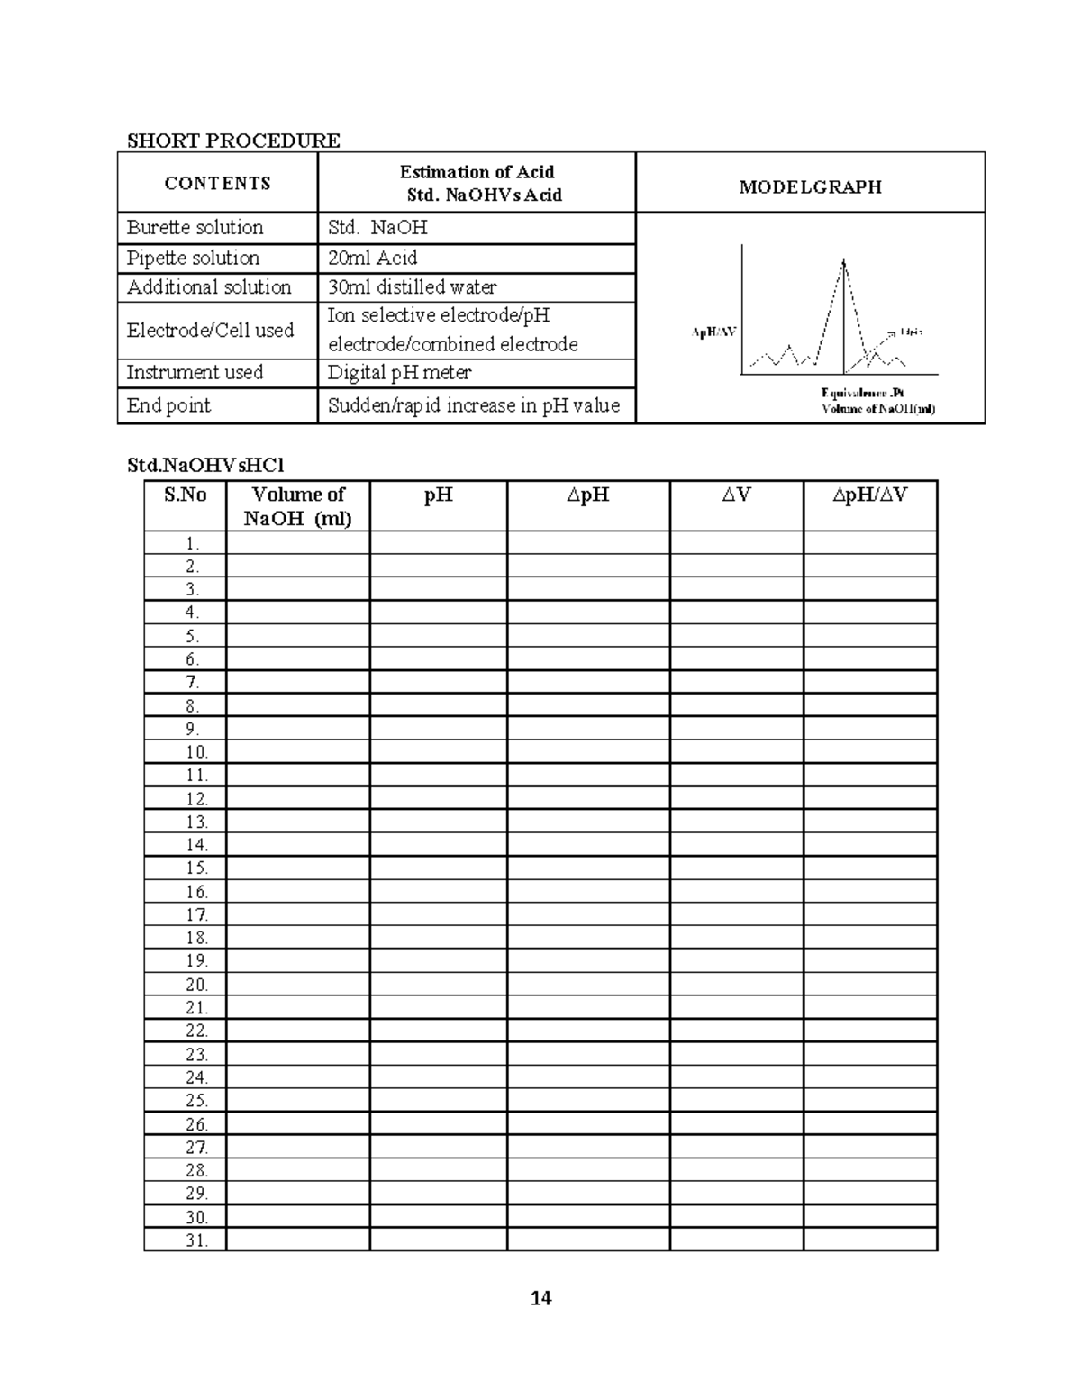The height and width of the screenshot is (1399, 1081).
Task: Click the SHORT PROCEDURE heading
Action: [233, 141]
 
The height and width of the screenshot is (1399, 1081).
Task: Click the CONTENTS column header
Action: [217, 184]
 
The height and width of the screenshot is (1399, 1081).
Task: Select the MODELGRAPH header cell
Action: [810, 187]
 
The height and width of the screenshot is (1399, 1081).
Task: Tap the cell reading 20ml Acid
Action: [372, 258]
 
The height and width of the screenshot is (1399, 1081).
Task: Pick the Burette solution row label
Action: [195, 227]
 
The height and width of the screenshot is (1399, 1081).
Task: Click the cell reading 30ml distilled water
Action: [412, 287]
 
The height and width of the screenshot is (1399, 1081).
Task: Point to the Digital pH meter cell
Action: [399, 373]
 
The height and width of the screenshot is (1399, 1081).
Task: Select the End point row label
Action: [168, 405]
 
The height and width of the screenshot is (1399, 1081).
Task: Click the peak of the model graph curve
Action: [843, 260]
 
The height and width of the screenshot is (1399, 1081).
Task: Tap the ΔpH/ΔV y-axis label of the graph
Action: [713, 332]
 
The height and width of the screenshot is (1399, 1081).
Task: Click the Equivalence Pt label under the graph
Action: [862, 393]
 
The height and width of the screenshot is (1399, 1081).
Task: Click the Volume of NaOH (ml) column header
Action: [297, 506]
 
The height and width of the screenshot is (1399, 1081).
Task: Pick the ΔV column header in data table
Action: [736, 495]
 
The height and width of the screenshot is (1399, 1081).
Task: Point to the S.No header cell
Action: [185, 495]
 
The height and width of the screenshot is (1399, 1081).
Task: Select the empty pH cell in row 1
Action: [438, 542]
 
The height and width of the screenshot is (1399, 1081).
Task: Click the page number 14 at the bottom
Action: [540, 1298]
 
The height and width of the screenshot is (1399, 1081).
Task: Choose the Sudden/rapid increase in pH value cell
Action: [474, 405]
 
